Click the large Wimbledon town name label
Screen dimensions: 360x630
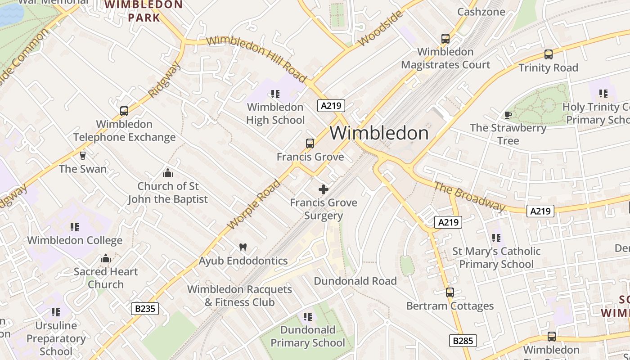379,133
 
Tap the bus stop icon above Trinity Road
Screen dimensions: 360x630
548,54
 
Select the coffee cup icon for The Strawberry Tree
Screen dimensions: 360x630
508,115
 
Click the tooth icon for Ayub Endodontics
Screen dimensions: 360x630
243,247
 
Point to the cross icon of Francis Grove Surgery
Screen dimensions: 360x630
323,189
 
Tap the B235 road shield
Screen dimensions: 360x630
145,309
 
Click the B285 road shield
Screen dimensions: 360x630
463,341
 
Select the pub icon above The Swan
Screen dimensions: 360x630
83,156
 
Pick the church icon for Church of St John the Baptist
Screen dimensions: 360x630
168,173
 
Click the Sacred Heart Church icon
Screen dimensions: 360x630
106,258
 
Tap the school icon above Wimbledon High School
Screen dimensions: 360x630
275,94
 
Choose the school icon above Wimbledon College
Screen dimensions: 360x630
75,227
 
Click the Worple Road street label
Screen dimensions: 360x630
254,204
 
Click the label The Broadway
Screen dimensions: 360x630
469,196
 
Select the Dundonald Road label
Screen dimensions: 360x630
355,281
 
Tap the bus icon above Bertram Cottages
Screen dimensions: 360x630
450,292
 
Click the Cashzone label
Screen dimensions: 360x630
481,12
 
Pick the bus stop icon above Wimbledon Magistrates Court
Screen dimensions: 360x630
445,39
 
